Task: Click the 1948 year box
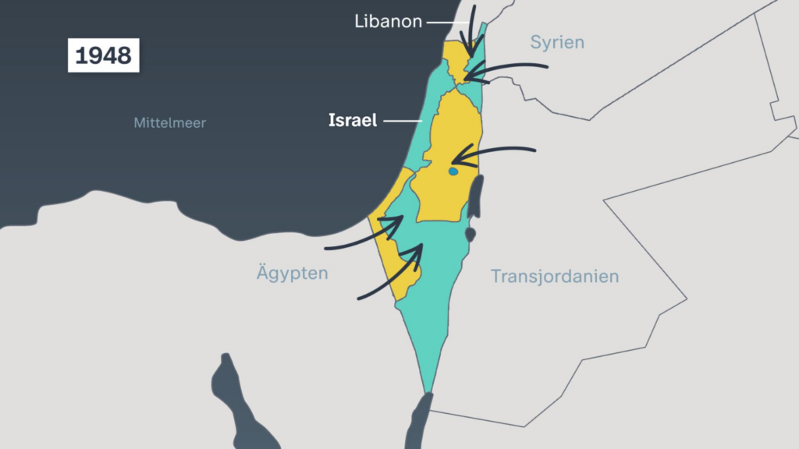[104, 56]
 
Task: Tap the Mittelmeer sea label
[169, 122]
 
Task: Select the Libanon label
[388, 22]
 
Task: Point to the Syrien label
[557, 42]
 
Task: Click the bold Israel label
[352, 121]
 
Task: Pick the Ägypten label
[292, 274]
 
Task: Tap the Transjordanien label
[555, 276]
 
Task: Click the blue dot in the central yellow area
[453, 171]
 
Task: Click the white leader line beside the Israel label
[403, 121]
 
